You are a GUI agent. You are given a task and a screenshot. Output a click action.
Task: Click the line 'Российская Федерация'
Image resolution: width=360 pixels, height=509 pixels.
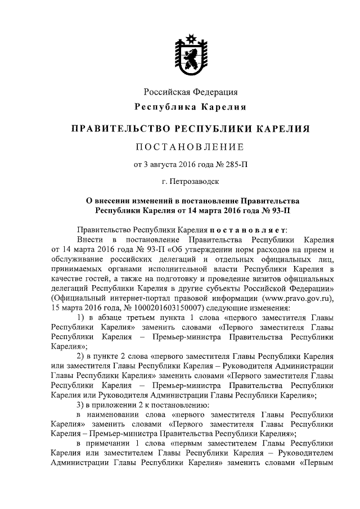190,92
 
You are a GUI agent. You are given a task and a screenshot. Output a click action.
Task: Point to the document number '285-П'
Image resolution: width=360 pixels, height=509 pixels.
235,165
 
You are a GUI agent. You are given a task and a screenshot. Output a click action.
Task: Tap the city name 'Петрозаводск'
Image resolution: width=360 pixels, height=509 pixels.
195,182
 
